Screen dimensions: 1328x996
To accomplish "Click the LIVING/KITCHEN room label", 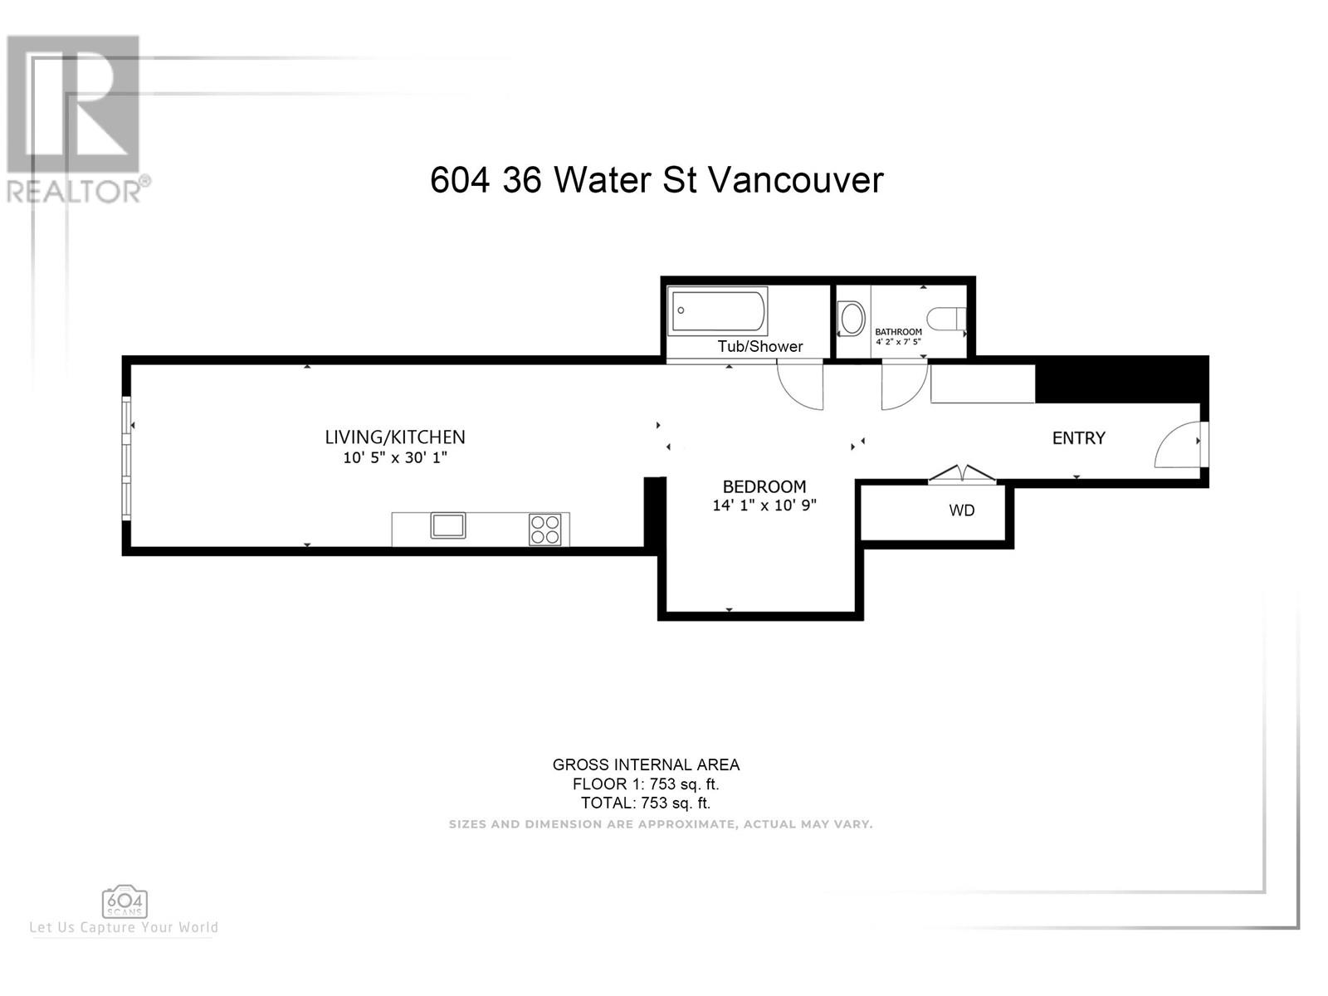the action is [395, 437].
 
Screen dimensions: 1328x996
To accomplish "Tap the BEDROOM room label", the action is [764, 486].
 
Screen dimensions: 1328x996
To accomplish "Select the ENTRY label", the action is [1079, 438].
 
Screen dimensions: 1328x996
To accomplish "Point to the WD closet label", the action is [961, 510].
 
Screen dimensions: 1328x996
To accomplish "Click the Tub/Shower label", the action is [760, 346].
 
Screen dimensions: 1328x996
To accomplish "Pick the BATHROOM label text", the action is [898, 332].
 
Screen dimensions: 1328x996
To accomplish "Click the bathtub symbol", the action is [718, 311].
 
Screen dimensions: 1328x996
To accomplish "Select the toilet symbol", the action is [946, 319].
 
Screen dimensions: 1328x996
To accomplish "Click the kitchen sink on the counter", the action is [447, 525].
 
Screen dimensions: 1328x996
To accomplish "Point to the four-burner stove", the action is [544, 530].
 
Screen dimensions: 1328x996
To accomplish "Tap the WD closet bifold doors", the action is [961, 474].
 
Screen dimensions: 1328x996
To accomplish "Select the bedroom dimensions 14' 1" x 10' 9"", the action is [764, 505].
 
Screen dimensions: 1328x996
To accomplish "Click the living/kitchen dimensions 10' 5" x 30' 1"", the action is [395, 458].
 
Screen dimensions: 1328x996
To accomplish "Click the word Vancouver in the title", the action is [796, 179].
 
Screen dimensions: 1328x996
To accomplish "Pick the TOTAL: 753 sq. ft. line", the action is [646, 803].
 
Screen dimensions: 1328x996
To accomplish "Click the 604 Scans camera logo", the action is [124, 904].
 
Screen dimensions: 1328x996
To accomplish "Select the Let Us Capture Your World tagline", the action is [124, 928].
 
